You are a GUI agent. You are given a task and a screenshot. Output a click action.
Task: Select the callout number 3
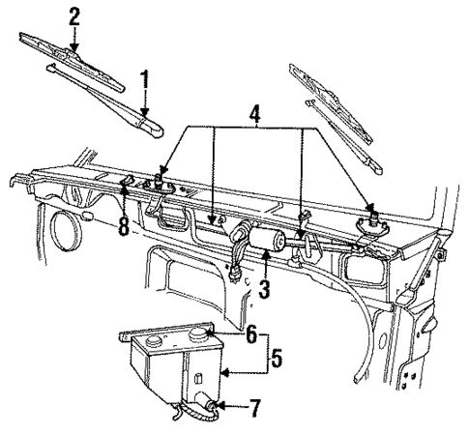263,288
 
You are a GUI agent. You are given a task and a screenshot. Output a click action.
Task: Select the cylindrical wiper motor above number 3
265,241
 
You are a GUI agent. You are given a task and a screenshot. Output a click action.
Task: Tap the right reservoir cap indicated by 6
202,337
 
